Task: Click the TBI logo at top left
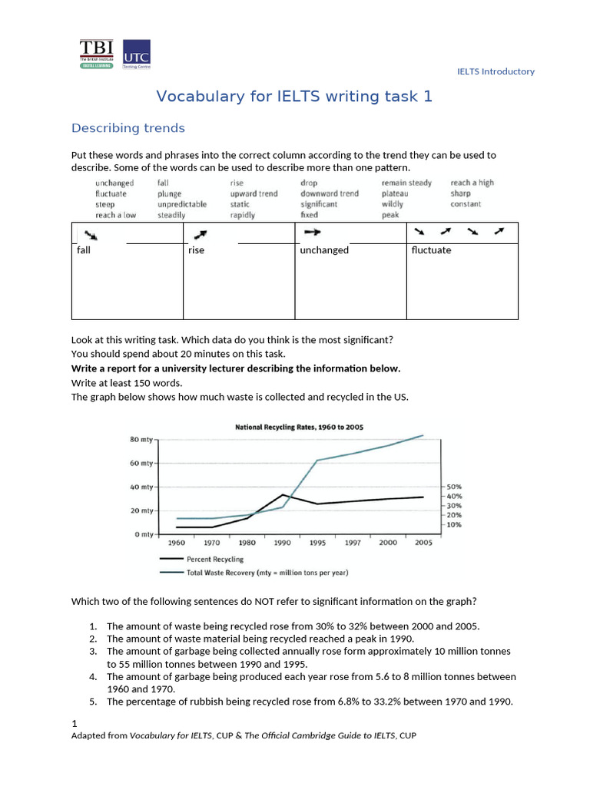pyautogui.click(x=96, y=54)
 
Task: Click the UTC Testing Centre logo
pyautogui.click(x=137, y=54)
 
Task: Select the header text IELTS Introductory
pyautogui.click(x=496, y=71)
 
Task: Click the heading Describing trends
pyautogui.click(x=128, y=128)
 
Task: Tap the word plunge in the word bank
pyautogui.click(x=169, y=194)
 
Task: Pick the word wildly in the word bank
pyautogui.click(x=393, y=205)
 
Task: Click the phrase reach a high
pyautogui.click(x=472, y=183)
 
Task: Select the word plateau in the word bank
pyautogui.click(x=395, y=194)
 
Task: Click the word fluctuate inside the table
pyautogui.click(x=431, y=250)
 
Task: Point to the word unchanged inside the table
pyautogui.click(x=324, y=250)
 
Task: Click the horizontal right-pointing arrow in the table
pyautogui.click(x=312, y=231)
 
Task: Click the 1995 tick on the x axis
pyautogui.click(x=317, y=543)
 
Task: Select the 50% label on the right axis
pyautogui.click(x=454, y=487)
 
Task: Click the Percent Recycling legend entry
pyautogui.click(x=214, y=560)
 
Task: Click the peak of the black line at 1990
pyautogui.click(x=283, y=495)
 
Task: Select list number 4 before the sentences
pyautogui.click(x=92, y=677)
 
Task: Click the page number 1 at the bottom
pyautogui.click(x=74, y=723)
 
